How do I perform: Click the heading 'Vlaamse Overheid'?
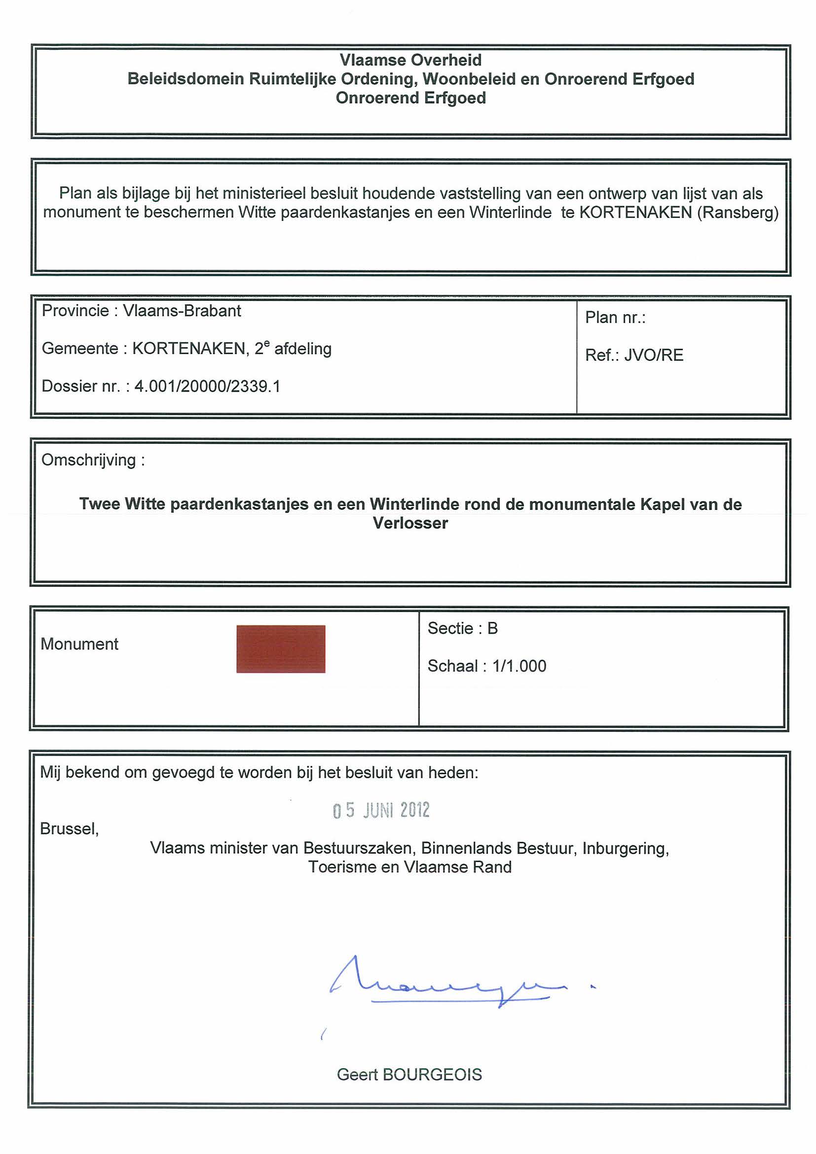pyautogui.click(x=410, y=60)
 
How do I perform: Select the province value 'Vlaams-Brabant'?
pyautogui.click(x=182, y=311)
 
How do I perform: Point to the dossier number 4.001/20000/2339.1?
pyautogui.click(x=207, y=386)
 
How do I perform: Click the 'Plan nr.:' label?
pyautogui.click(x=615, y=318)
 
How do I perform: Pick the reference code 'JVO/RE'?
pyautogui.click(x=654, y=356)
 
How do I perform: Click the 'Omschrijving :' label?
pyautogui.click(x=93, y=460)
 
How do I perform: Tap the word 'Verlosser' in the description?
pyautogui.click(x=410, y=523)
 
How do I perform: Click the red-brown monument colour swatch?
pyautogui.click(x=281, y=649)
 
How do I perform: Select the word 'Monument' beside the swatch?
pyautogui.click(x=79, y=644)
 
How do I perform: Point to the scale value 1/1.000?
pyautogui.click(x=519, y=666)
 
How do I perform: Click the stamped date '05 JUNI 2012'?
pyautogui.click(x=381, y=810)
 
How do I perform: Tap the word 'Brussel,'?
pyautogui.click(x=70, y=829)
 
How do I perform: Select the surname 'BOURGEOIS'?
pyautogui.click(x=432, y=1075)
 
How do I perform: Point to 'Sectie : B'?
pyautogui.click(x=463, y=628)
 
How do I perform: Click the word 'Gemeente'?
pyautogui.click(x=79, y=348)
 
